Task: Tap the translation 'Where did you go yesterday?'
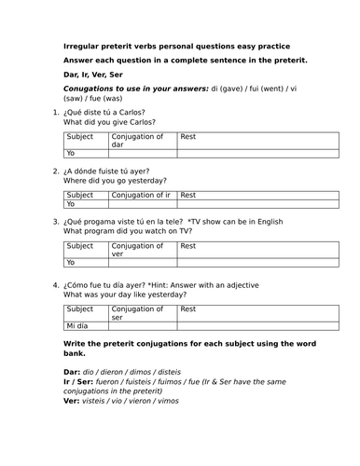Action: [114, 182]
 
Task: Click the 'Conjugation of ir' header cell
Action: [142, 195]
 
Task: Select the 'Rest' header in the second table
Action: [188, 195]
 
